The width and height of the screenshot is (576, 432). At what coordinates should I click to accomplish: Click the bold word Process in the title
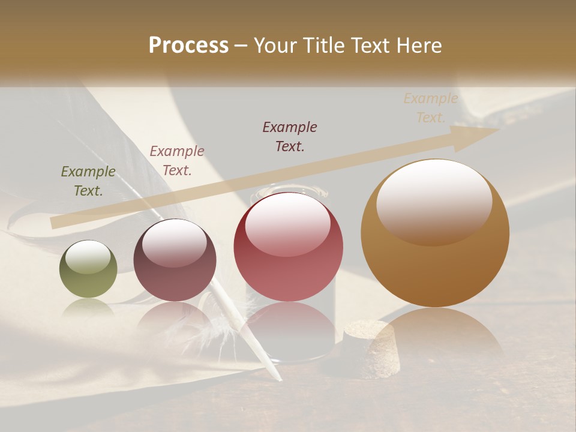[188, 46]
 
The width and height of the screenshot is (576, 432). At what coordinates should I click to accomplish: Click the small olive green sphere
[88, 269]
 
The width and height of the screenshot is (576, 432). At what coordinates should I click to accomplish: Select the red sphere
[289, 247]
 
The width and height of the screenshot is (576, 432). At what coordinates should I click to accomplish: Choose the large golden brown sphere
[435, 233]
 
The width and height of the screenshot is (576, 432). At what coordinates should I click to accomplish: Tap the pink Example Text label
[177, 161]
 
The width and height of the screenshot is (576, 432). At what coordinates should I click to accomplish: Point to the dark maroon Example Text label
[290, 136]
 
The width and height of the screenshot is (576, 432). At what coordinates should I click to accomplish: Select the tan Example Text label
[431, 108]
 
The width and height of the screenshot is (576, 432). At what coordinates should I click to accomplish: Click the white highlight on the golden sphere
[434, 198]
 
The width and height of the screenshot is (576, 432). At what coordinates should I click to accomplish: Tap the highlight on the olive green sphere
[88, 257]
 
